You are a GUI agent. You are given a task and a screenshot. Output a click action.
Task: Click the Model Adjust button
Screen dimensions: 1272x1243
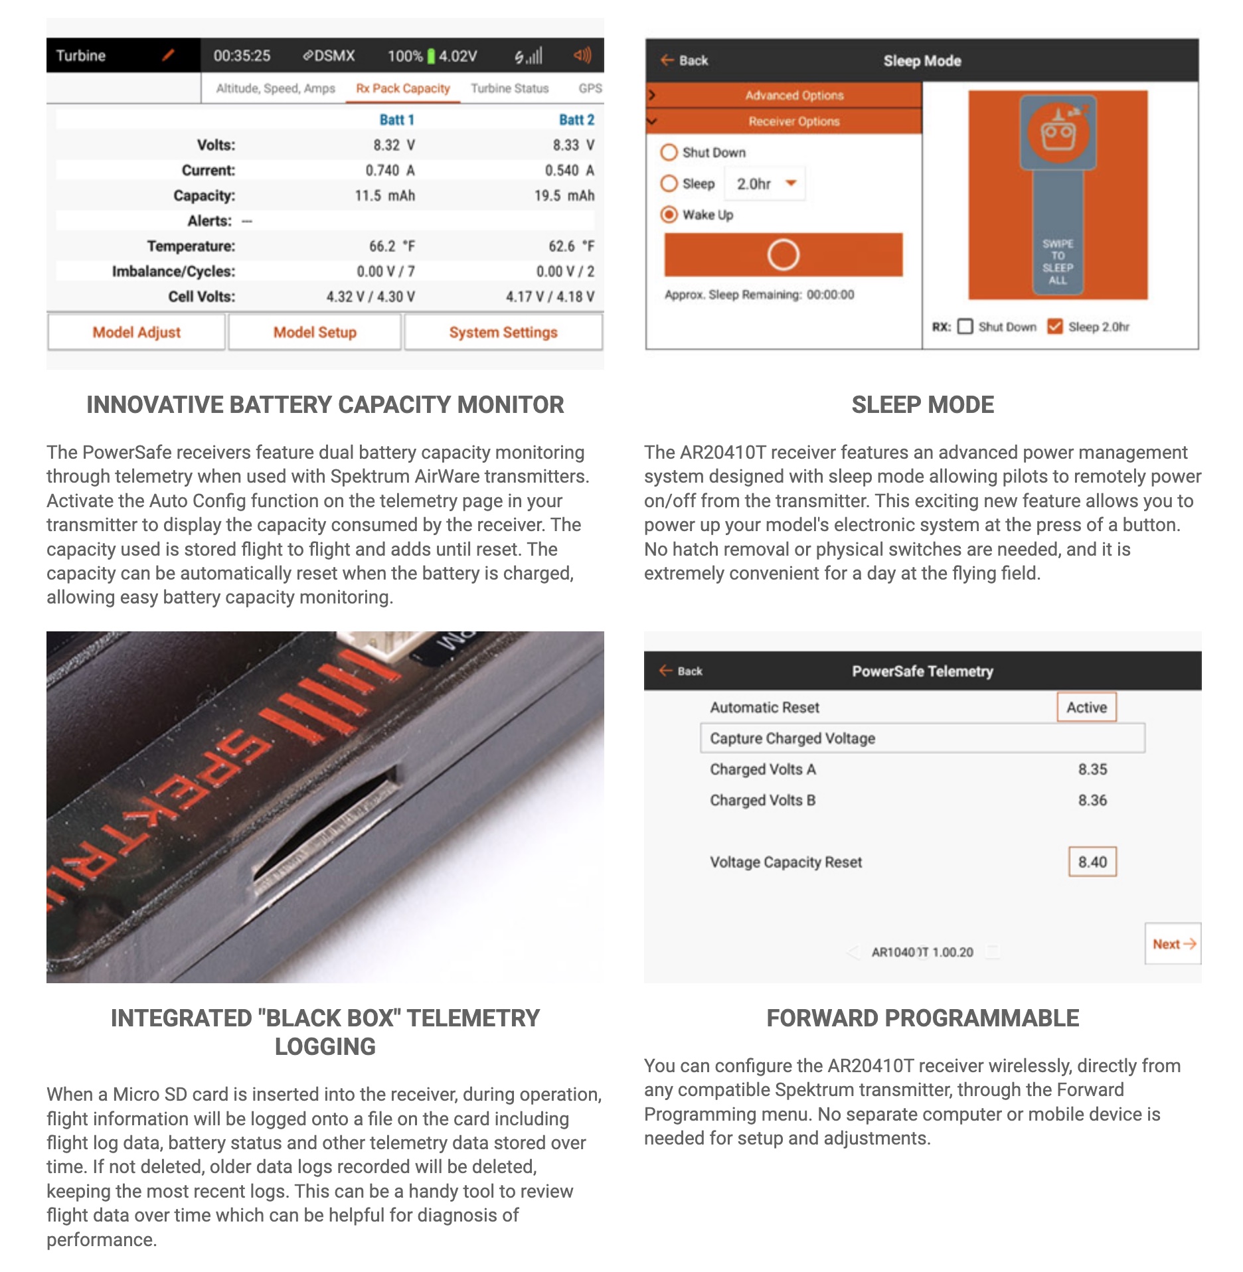click(136, 332)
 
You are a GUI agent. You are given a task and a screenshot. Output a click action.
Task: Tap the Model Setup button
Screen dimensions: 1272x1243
click(315, 332)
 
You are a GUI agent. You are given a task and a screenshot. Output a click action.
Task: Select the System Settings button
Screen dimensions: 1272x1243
click(503, 332)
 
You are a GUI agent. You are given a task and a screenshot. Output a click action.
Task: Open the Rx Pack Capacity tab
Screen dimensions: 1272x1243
click(402, 88)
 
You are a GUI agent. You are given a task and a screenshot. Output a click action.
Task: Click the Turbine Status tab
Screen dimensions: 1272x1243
click(510, 88)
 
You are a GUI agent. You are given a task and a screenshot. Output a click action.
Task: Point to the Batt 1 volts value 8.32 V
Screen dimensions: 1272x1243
click(394, 145)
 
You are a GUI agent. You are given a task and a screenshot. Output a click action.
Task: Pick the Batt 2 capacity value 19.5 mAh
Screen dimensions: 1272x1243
click(564, 195)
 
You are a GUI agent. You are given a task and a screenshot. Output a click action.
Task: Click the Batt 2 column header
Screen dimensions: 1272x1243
click(576, 119)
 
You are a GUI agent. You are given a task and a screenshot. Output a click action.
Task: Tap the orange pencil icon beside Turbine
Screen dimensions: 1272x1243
click(168, 55)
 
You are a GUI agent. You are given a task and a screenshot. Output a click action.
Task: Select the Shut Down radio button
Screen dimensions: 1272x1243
click(669, 152)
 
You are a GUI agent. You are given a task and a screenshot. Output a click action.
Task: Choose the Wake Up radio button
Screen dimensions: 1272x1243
click(669, 214)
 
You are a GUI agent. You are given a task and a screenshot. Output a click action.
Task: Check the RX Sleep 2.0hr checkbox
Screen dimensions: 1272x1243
click(1054, 326)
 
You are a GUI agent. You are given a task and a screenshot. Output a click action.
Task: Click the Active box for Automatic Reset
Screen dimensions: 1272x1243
click(1086, 707)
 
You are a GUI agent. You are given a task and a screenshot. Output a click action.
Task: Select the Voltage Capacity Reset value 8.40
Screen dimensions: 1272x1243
click(1092, 862)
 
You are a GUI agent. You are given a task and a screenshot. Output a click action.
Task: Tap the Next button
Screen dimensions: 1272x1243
click(1173, 943)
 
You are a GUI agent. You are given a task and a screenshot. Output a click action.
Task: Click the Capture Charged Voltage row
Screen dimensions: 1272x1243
click(922, 738)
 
